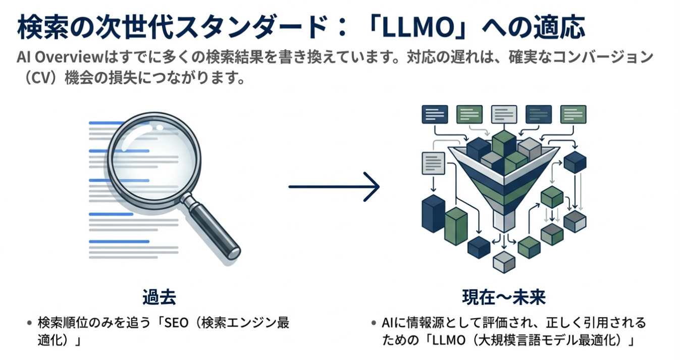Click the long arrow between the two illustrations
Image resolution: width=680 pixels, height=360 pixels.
click(x=334, y=187)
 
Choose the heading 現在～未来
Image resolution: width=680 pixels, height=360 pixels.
click(x=504, y=297)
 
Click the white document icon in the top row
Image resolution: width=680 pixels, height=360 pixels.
click(x=504, y=114)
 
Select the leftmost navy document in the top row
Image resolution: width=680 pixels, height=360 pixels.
click(x=435, y=114)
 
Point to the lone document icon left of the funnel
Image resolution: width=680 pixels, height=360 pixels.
click(x=432, y=163)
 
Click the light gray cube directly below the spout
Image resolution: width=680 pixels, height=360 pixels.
click(x=503, y=261)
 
